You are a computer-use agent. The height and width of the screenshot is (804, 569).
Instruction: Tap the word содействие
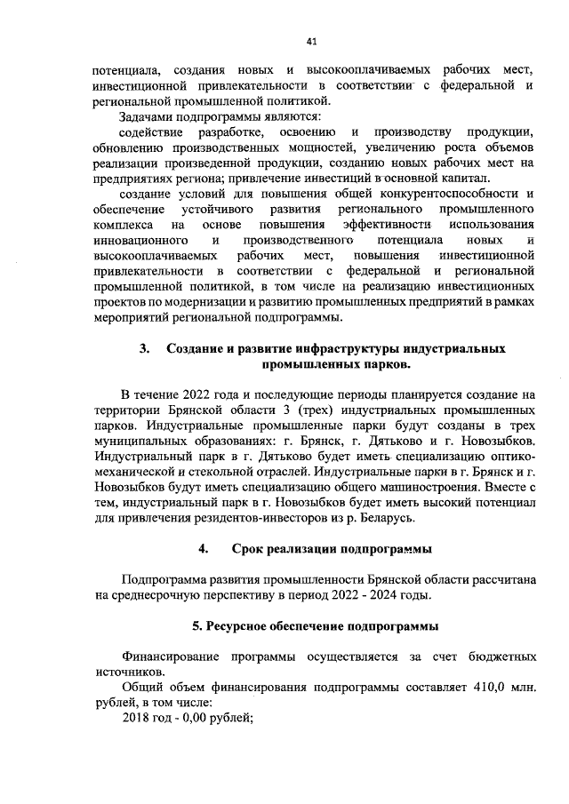point(155,132)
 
